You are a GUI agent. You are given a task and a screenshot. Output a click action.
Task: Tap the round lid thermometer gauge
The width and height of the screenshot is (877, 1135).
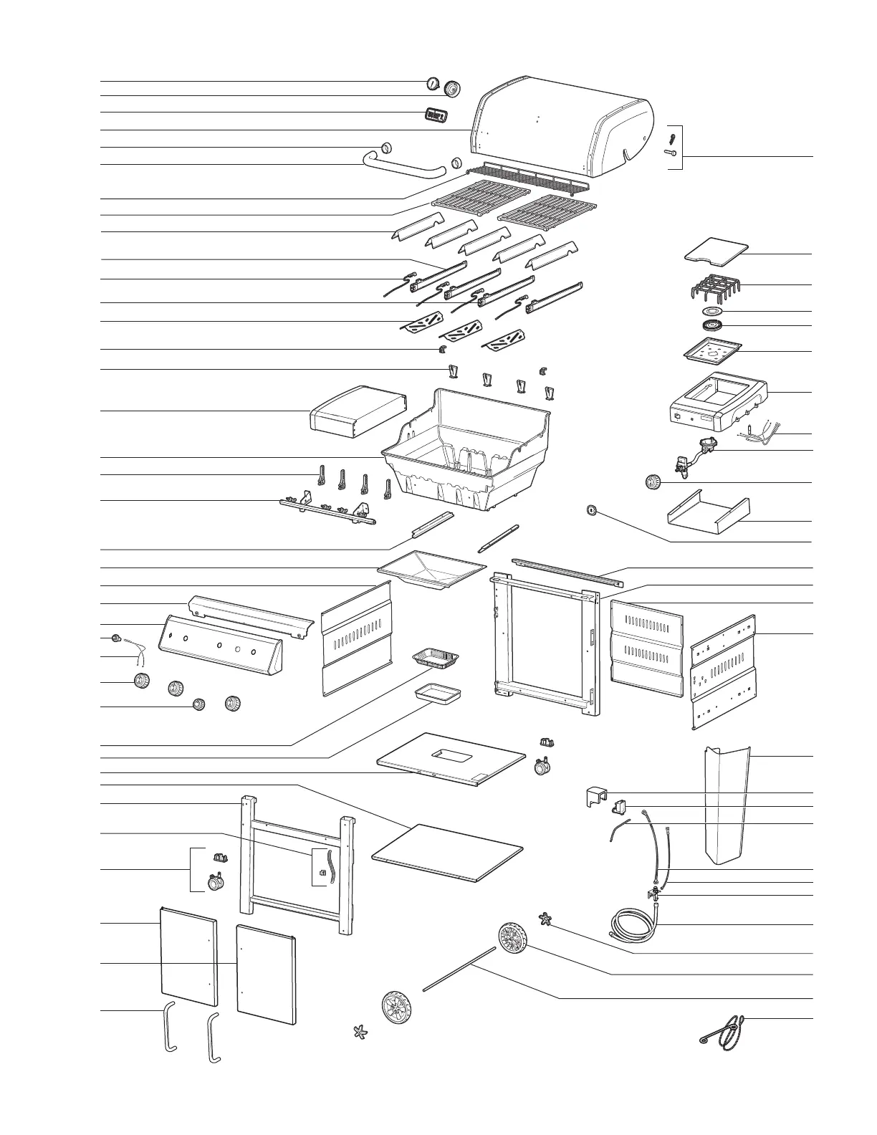click(433, 84)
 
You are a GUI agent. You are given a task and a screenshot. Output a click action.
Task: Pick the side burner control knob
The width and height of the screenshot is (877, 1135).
click(653, 482)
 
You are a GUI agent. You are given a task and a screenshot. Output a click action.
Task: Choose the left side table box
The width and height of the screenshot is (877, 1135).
click(357, 411)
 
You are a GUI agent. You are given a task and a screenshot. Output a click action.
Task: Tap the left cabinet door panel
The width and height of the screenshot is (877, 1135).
click(187, 957)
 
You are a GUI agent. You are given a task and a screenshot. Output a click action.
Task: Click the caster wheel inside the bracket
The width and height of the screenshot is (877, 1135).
click(215, 883)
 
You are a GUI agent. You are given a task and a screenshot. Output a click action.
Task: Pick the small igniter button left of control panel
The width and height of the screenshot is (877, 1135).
click(115, 638)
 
